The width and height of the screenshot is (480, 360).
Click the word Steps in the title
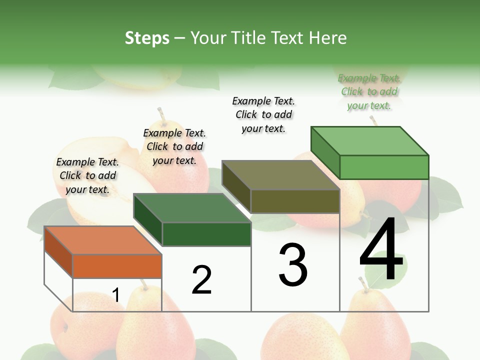click(147, 38)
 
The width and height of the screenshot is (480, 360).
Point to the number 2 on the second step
click(201, 279)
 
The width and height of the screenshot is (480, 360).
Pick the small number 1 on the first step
click(115, 295)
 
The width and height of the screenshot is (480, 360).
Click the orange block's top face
click(102, 240)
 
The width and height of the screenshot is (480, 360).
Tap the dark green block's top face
click(192, 208)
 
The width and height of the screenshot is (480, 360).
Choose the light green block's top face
click(370, 141)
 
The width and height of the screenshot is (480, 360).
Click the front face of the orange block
click(117, 266)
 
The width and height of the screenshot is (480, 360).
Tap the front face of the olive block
click(295, 201)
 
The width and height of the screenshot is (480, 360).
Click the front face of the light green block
click(384, 167)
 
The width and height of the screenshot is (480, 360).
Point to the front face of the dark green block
click(206, 234)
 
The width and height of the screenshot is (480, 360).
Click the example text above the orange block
click(87, 175)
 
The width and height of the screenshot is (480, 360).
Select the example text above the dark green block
click(174, 146)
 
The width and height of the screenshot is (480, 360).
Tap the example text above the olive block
click(263, 114)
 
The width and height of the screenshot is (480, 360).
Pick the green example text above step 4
click(369, 91)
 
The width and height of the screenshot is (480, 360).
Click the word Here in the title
click(329, 38)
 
